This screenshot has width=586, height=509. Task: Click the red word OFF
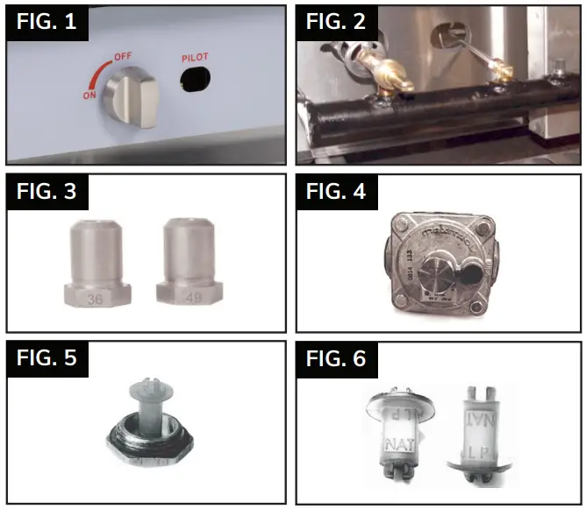(125, 57)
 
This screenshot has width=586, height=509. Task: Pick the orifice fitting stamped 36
(99, 264)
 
